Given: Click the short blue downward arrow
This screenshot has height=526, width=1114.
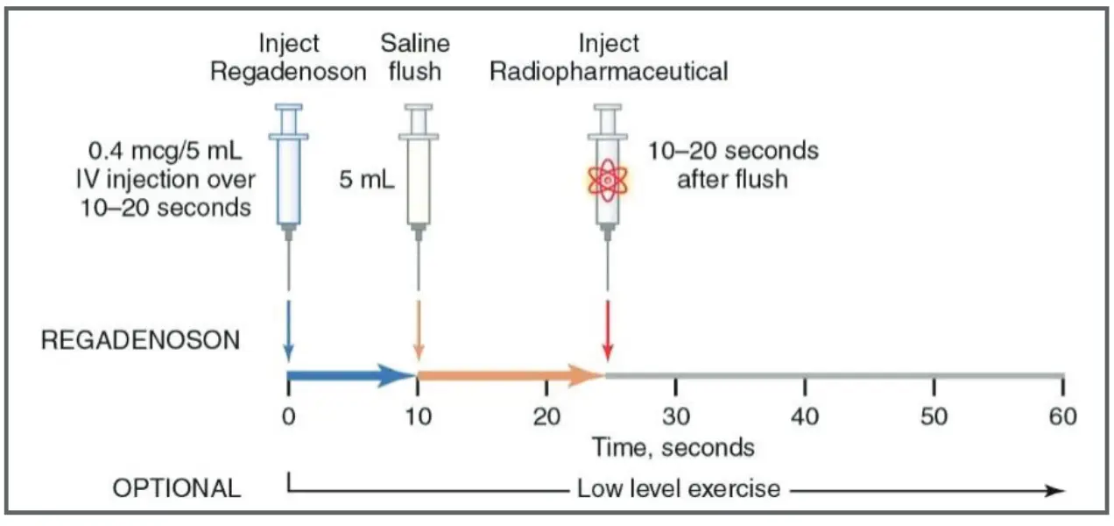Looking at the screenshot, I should click(288, 329).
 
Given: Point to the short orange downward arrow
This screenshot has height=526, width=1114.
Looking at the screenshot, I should click(418, 329).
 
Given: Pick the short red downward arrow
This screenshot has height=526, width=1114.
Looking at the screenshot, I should click(607, 329).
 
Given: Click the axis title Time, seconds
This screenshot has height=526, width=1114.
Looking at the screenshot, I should click(673, 447).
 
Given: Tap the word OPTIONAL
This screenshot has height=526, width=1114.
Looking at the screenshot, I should click(177, 488).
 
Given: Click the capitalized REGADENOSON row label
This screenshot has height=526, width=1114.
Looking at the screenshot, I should click(140, 340).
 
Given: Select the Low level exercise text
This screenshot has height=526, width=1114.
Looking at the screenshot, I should click(678, 488).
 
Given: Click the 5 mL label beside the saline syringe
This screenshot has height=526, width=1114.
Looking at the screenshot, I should click(367, 181).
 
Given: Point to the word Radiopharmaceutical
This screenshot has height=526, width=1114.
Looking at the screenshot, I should click(609, 71).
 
